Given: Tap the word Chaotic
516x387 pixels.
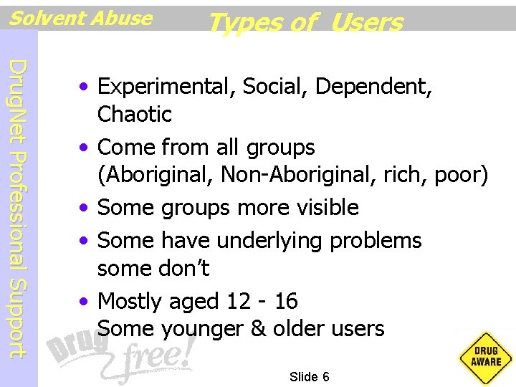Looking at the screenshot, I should point(135,114).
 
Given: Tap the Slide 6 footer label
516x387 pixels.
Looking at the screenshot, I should point(310,377).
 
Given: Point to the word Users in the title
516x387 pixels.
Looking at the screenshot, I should point(367,23).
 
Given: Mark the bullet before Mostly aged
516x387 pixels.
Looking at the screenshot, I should point(85,302).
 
